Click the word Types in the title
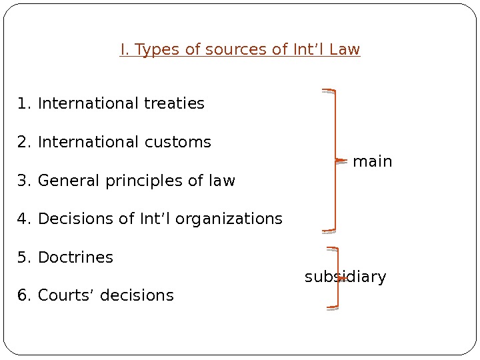click(157, 50)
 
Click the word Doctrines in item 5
click(75, 258)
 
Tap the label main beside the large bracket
click(372, 162)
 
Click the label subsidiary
click(345, 277)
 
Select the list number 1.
click(24, 104)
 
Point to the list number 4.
click(24, 219)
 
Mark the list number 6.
click(24, 295)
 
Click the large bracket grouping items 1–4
click(334, 160)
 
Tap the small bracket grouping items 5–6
click(337, 278)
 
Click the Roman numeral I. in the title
click(125, 50)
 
